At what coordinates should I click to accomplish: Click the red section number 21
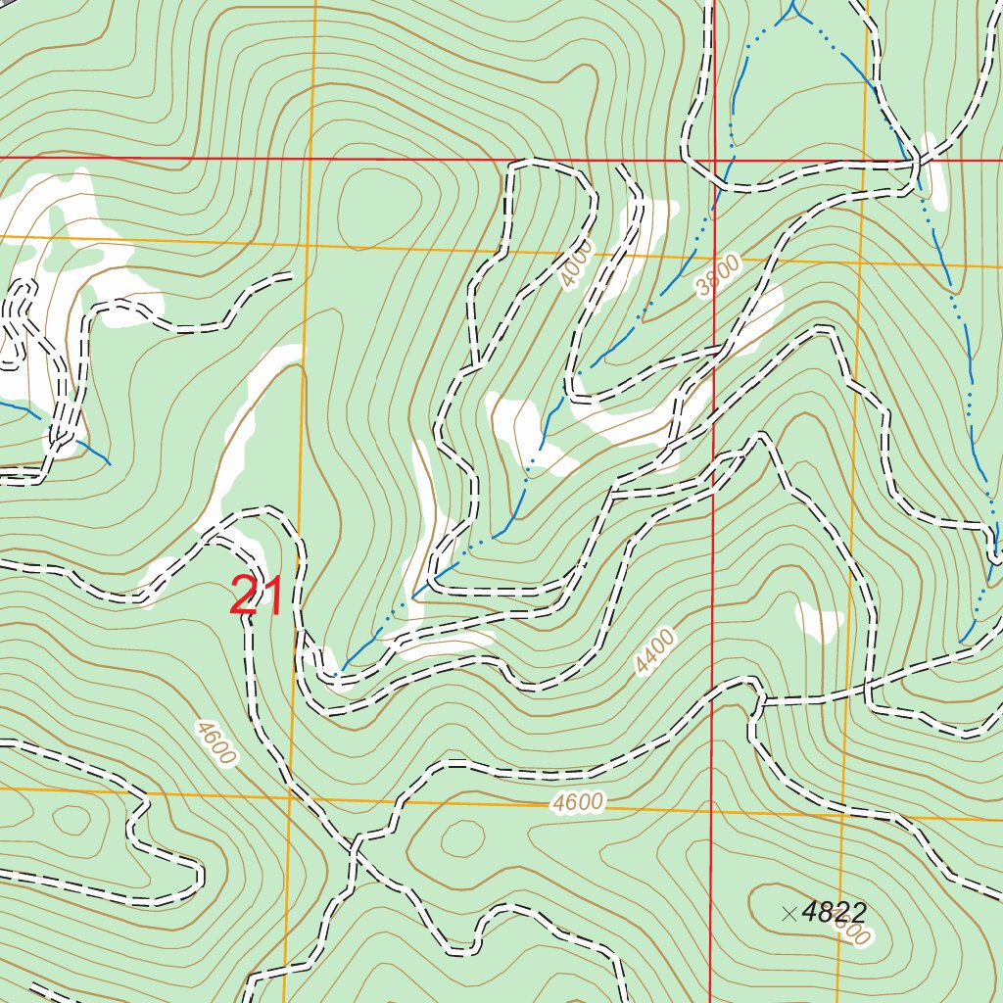257,597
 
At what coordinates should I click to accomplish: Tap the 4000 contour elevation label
578,265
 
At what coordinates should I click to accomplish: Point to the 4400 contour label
654,653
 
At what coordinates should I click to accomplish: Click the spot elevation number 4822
834,912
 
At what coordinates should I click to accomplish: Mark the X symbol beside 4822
789,914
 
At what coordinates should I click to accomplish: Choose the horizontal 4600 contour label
577,803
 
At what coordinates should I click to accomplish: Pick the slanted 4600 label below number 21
215,743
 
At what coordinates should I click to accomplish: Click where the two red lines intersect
714,159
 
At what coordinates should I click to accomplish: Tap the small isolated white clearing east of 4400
818,621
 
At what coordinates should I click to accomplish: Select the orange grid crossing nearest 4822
843,814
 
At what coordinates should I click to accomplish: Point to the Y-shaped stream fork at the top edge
795,12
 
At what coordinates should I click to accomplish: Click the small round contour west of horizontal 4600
463,838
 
